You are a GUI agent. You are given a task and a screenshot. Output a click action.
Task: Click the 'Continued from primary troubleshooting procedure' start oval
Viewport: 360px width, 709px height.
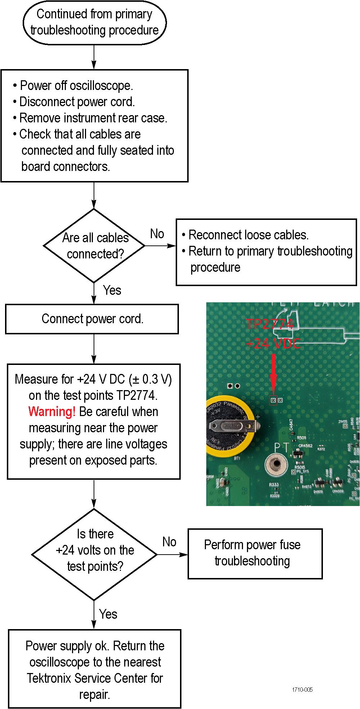pos(94,22)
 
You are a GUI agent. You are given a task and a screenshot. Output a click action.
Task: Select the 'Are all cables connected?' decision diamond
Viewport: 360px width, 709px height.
pos(94,246)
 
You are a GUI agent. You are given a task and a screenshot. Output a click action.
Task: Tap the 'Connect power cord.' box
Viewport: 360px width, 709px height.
pos(92,319)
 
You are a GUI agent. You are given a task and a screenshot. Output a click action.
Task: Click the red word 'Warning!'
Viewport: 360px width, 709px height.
pos(52,411)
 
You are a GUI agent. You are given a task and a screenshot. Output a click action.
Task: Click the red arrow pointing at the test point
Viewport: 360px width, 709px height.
pos(273,374)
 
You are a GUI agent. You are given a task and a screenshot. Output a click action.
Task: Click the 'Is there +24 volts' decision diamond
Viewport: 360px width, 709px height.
pos(94,554)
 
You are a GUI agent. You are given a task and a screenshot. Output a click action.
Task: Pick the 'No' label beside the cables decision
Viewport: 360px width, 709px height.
pos(157,234)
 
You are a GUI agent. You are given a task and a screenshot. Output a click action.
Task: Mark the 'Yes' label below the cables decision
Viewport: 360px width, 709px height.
pos(112,290)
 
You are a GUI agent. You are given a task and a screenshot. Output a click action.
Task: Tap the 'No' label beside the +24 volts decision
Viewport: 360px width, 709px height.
pos(169,542)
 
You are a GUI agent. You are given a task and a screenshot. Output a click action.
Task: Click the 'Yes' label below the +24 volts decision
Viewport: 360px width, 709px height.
pos(108,614)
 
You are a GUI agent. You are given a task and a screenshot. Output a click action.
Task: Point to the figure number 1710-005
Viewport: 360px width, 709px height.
pos(302,690)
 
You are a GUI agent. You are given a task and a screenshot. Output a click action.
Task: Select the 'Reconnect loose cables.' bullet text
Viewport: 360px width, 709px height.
pos(248,235)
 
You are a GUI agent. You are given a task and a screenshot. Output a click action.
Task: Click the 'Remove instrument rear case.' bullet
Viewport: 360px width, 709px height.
pos(93,118)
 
